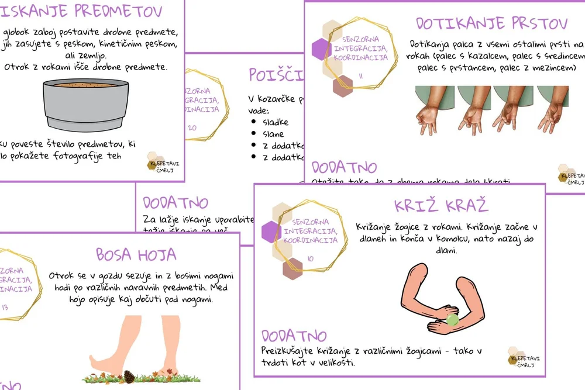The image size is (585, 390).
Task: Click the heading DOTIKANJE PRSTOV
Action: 491,23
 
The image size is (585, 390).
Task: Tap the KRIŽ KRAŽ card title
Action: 442,205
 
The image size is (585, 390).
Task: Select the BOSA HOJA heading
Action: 136,254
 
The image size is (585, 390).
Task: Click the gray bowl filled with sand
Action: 85,104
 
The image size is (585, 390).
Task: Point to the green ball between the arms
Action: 452,319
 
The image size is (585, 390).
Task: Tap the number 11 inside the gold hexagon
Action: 360,76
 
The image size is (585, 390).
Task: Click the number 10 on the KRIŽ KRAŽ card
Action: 309,258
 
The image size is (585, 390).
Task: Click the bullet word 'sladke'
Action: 276,122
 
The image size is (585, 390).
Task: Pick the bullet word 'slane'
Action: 273,134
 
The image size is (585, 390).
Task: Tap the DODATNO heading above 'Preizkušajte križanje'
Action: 294,336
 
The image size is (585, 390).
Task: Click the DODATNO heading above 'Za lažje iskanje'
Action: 175,203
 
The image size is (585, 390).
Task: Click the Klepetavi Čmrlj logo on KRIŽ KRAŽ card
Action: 521,357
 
